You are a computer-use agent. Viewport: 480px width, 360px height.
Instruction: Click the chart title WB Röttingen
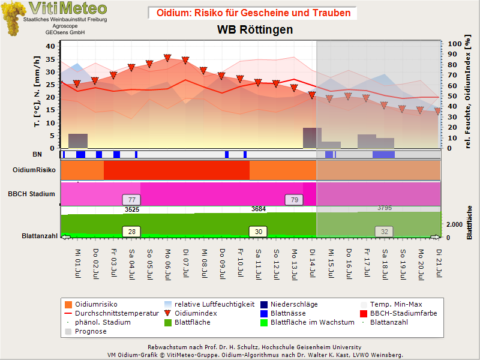coord(255,29)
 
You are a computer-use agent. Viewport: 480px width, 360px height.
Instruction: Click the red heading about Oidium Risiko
coord(253,13)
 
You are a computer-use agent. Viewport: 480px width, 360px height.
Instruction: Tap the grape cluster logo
coord(13,19)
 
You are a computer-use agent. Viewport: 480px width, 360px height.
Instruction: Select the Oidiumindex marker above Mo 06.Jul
coord(167,58)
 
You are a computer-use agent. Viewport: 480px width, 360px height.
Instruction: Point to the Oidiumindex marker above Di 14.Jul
coord(312,95)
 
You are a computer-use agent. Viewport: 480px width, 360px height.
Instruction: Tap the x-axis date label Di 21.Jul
coord(439,263)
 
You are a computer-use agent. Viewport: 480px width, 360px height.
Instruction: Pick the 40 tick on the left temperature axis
coord(50,46)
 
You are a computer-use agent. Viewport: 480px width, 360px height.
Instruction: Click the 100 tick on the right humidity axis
coord(455,44)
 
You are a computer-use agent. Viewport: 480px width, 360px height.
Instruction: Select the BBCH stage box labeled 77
coord(131,200)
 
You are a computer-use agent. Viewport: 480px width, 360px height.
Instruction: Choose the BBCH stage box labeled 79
coord(294,200)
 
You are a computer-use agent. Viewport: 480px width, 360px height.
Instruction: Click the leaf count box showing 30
coord(259,232)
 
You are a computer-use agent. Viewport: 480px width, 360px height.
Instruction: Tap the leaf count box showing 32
coord(384,232)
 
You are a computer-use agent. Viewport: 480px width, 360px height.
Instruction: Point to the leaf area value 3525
coord(132,209)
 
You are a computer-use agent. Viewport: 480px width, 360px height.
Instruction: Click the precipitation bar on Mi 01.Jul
coord(78,141)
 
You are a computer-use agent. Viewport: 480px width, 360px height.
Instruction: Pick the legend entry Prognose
coord(86,332)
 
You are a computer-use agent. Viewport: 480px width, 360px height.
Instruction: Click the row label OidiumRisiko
coord(34,170)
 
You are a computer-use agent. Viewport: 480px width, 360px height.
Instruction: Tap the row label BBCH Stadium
coord(32,194)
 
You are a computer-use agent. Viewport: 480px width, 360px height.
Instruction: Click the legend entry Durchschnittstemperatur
coord(112,313)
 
